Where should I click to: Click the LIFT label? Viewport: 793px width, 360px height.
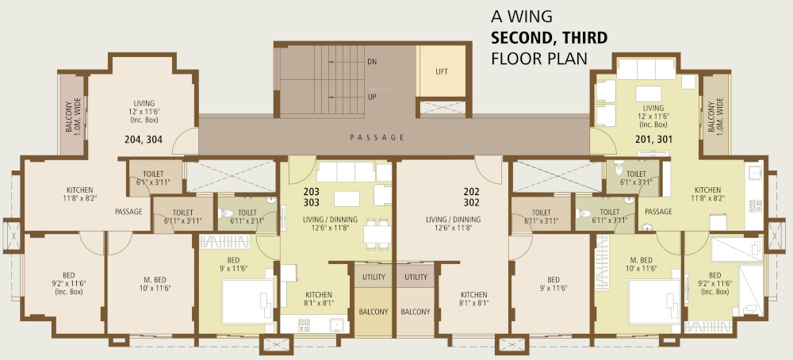(442, 71)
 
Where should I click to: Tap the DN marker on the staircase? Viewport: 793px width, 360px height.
(371, 61)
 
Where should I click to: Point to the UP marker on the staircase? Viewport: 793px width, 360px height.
(371, 97)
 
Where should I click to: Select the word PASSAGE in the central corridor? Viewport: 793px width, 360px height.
(377, 137)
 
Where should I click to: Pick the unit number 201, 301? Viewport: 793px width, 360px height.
(653, 139)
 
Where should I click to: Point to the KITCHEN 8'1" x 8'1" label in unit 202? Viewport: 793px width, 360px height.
(473, 298)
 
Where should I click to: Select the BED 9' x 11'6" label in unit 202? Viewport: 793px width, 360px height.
(554, 284)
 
